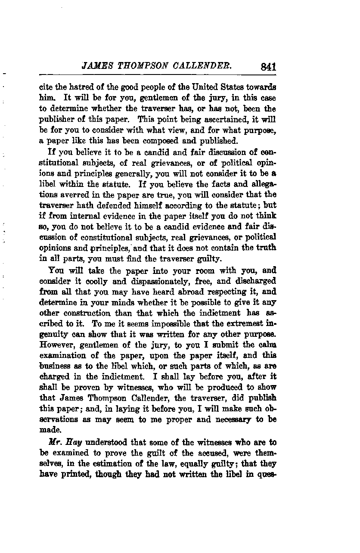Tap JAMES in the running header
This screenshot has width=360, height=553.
point(97,66)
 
